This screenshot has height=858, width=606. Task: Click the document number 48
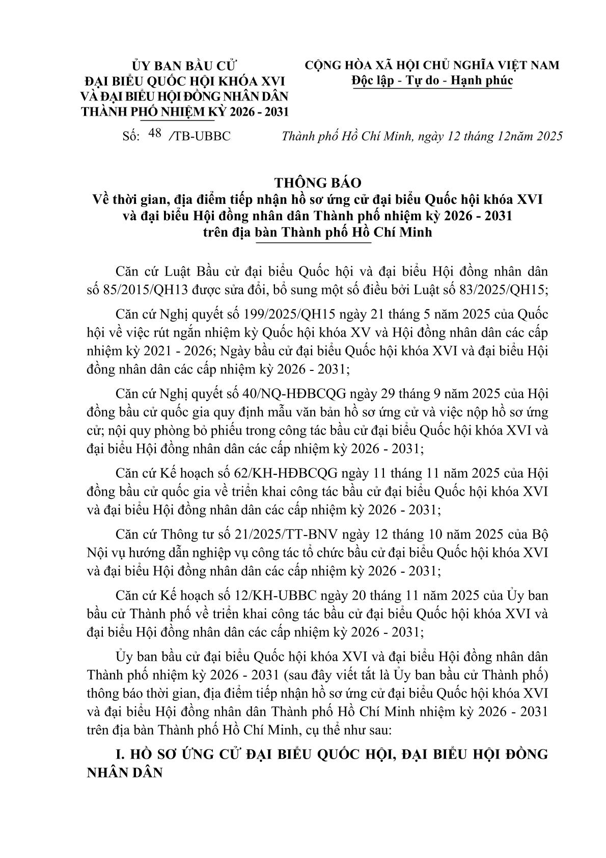coord(153,134)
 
